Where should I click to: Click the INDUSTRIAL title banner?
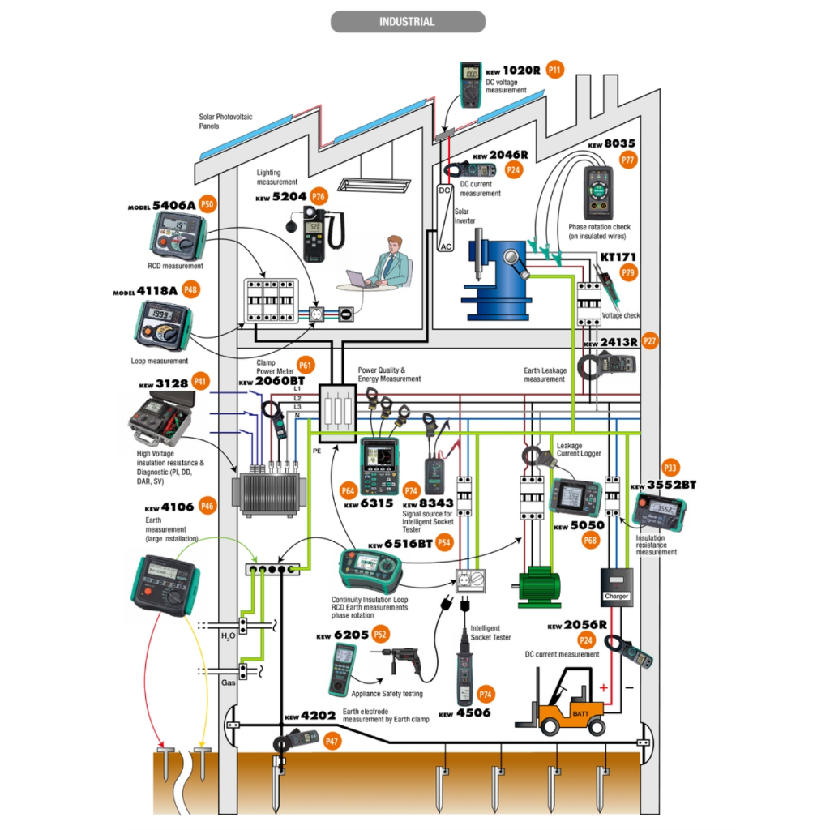pyautogui.click(x=407, y=22)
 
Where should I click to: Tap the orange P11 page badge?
pyautogui.click(x=554, y=70)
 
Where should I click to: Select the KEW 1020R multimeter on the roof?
pyautogui.click(x=470, y=84)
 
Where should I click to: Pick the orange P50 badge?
pyautogui.click(x=207, y=204)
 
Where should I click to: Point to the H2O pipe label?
pyautogui.click(x=229, y=636)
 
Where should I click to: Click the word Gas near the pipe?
pyautogui.click(x=229, y=683)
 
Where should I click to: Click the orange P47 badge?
pyautogui.click(x=332, y=741)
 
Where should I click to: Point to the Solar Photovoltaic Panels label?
pyautogui.click(x=225, y=122)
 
